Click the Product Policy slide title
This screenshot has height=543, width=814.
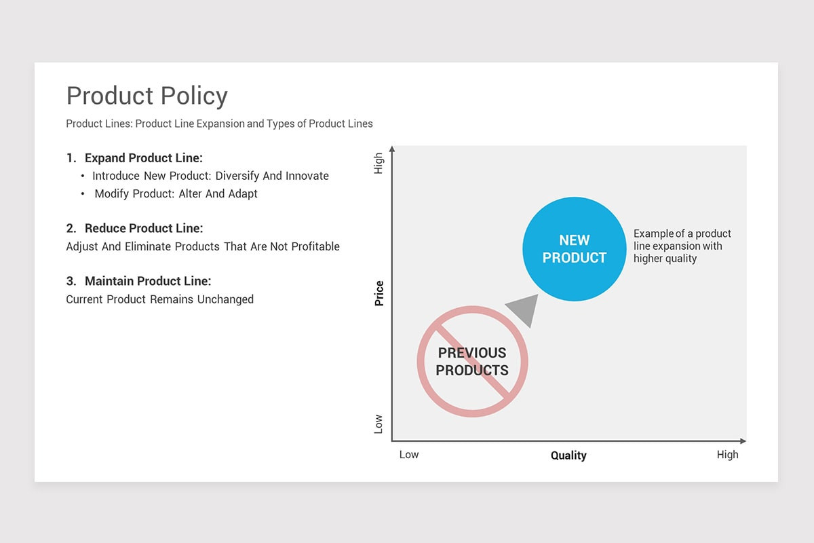pyautogui.click(x=147, y=96)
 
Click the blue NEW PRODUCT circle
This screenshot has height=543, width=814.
pyautogui.click(x=574, y=249)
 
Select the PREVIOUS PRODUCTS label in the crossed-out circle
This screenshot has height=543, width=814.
pyautogui.click(x=472, y=362)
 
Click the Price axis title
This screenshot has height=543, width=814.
pyautogui.click(x=379, y=293)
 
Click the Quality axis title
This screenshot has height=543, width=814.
pyautogui.click(x=568, y=455)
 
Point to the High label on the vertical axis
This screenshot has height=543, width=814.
pyautogui.click(x=379, y=163)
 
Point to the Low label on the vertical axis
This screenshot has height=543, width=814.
pyautogui.click(x=379, y=424)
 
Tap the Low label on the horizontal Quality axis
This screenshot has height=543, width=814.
pyautogui.click(x=408, y=455)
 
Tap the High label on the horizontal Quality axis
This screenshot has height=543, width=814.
pyautogui.click(x=727, y=455)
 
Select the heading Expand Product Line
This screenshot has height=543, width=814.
pyautogui.click(x=143, y=158)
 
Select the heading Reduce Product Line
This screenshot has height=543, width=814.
pyautogui.click(x=143, y=228)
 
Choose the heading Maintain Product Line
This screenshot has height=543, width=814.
pyautogui.click(x=147, y=281)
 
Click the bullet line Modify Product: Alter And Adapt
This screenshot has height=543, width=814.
pyautogui.click(x=176, y=193)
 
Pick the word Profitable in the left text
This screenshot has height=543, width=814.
pyautogui.click(x=315, y=246)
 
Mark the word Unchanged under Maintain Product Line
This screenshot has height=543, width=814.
pyautogui.click(x=225, y=299)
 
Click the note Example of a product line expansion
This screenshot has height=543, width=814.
pyautogui.click(x=682, y=246)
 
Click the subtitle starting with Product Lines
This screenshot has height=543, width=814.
pyautogui.click(x=219, y=124)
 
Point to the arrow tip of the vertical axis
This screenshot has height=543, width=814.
pyautogui.click(x=391, y=149)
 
